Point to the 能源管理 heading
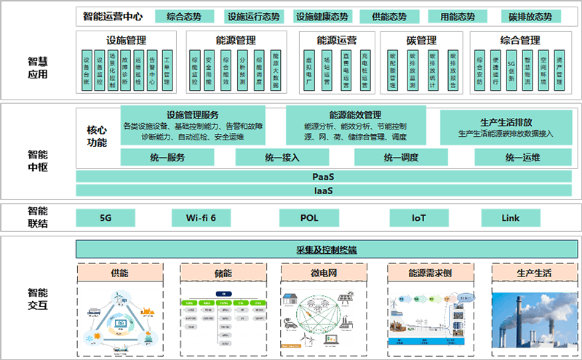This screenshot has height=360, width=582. (236, 41)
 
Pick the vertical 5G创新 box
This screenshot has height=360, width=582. (511, 71)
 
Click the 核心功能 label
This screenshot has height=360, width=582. (97, 136)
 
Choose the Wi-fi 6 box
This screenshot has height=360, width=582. (201, 217)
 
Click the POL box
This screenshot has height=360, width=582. (308, 217)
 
